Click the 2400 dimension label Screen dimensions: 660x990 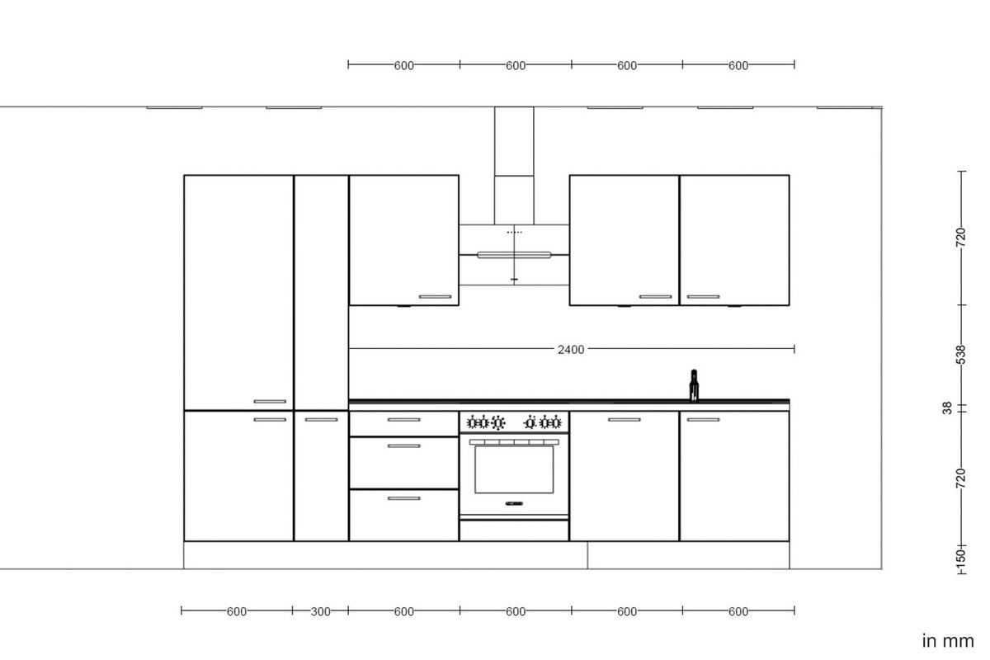[x=571, y=350]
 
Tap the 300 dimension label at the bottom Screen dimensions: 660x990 [x=320, y=611]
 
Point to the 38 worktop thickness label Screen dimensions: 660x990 [x=947, y=408]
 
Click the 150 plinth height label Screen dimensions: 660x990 [x=960, y=558]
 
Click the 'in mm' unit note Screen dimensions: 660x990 [x=948, y=640]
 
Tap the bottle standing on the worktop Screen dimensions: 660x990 [x=694, y=385]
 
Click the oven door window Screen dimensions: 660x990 [x=514, y=471]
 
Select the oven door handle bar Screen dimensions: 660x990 [x=514, y=442]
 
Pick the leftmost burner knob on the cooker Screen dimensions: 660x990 [x=474, y=423]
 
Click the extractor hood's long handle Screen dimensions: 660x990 [x=514, y=255]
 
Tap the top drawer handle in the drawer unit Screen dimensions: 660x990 [x=403, y=420]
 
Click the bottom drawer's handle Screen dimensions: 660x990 [x=403, y=498]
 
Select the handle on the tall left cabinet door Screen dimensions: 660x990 [x=270, y=402]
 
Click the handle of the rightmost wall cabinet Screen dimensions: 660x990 [x=703, y=297]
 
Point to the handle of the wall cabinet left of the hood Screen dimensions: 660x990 [x=435, y=297]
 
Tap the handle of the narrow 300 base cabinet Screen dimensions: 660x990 [x=321, y=420]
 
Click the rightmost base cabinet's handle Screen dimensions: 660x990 [x=703, y=420]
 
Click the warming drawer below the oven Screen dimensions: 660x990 [x=514, y=530]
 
